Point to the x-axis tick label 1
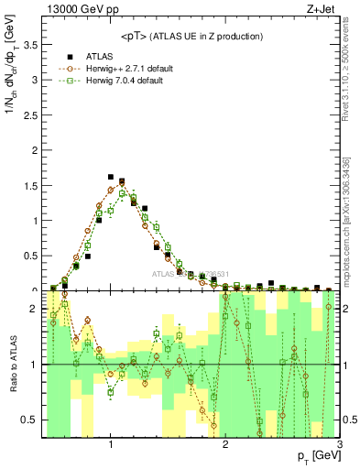pyautogui.click(x=111, y=445)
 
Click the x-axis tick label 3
pyautogui.click(x=339, y=445)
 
